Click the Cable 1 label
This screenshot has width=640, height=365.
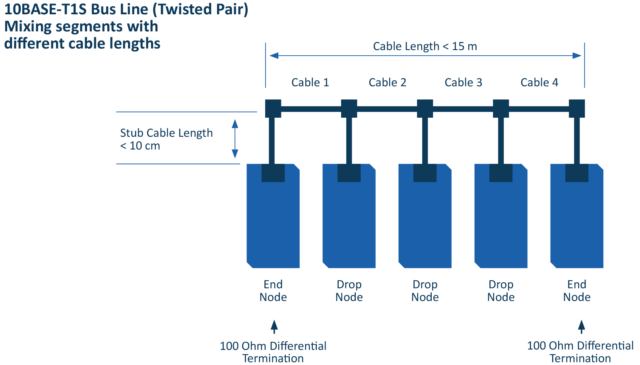tap(310, 82)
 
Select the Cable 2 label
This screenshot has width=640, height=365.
tap(387, 82)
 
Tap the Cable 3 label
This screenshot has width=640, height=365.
tap(463, 82)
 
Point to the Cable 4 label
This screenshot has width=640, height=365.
tap(539, 82)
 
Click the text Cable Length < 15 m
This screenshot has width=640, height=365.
tap(425, 47)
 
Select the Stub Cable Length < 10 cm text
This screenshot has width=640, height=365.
tap(166, 139)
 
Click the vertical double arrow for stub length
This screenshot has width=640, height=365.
tap(235, 139)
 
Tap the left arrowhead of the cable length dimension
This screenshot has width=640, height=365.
tap(274, 56)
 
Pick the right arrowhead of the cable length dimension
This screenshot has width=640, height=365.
tap(577, 56)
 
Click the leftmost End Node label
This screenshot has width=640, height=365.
tap(273, 291)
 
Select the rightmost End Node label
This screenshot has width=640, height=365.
tap(576, 291)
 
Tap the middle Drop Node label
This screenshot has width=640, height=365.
tap(425, 291)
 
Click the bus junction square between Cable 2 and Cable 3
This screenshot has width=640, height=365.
tap(425, 108)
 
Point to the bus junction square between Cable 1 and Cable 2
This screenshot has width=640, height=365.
tap(349, 108)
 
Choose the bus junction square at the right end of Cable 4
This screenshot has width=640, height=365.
tap(576, 108)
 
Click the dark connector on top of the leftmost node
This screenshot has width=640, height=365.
tap(273, 173)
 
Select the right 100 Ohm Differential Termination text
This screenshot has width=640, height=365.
tap(580, 352)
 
